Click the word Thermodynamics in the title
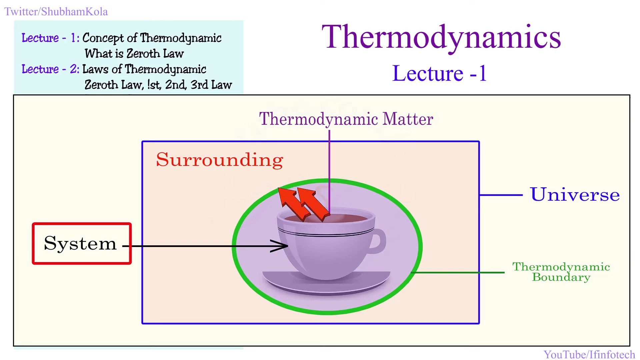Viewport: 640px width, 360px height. pyautogui.click(x=441, y=37)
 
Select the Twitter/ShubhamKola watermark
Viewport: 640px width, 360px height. pyautogui.click(x=56, y=12)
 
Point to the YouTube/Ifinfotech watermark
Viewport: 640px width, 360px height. pyautogui.click(x=589, y=354)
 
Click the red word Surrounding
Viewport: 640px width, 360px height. pyautogui.click(x=219, y=160)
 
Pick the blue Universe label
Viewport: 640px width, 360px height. pyautogui.click(x=575, y=195)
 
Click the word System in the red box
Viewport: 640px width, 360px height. pyautogui.click(x=80, y=243)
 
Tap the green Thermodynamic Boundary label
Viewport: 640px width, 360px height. pyautogui.click(x=561, y=272)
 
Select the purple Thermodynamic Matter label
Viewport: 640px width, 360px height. pyautogui.click(x=346, y=119)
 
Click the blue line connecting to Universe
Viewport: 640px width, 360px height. pyautogui.click(x=501, y=195)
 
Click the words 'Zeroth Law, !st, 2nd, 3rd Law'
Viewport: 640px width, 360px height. pyautogui.click(x=158, y=85)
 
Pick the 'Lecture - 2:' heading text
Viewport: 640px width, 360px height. pyautogui.click(x=50, y=69)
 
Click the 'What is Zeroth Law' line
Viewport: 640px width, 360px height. pyautogui.click(x=134, y=54)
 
